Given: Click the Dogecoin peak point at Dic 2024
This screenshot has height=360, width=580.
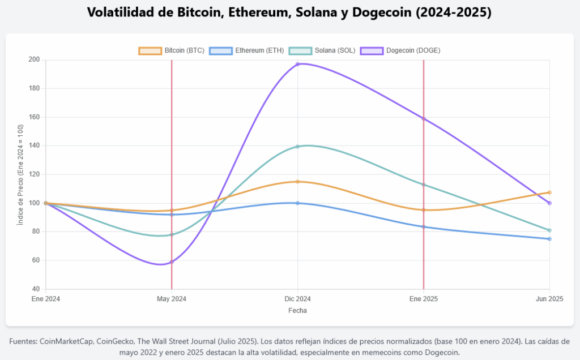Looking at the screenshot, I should [x=297, y=64].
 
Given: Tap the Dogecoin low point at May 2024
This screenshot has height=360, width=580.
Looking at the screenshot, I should [x=172, y=262].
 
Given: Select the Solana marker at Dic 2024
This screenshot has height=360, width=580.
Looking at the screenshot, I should [x=297, y=147].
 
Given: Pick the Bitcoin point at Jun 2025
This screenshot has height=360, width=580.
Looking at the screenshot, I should [x=549, y=192].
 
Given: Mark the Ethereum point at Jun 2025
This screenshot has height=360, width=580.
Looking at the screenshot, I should [x=549, y=239].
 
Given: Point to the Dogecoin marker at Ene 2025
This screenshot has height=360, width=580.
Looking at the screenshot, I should [x=424, y=118].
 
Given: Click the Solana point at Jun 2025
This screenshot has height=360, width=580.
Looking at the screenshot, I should [x=549, y=230].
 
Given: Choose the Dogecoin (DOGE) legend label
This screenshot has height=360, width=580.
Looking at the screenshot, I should [x=413, y=50].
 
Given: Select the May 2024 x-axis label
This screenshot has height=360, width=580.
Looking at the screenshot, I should [x=172, y=299].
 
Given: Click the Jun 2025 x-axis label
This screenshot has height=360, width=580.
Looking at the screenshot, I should [x=549, y=299].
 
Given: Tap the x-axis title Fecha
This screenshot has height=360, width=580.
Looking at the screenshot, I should [x=297, y=311].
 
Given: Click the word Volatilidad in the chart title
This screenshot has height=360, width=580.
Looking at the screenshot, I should [x=123, y=12].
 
